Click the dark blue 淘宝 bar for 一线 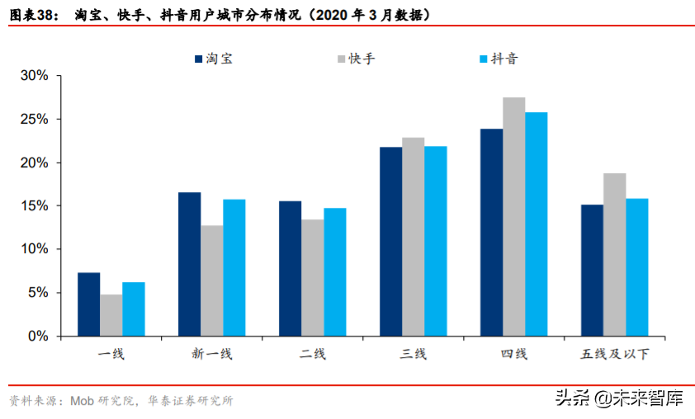[x=88, y=304]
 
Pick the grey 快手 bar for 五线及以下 [x=615, y=255]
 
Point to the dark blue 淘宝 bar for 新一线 [x=189, y=264]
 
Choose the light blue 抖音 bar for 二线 [x=334, y=272]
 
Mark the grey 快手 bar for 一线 [x=111, y=315]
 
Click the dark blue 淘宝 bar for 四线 [x=492, y=233]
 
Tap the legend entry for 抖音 [x=498, y=59]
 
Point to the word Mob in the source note [x=81, y=401]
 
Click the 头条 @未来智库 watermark [x=618, y=399]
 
